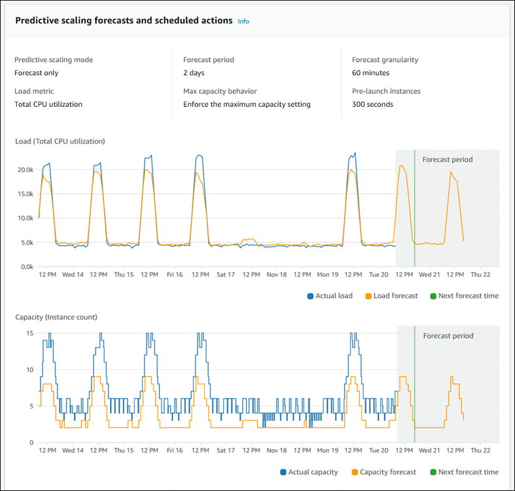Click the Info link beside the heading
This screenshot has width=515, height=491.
tap(243, 21)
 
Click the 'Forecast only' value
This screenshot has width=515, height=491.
tap(37, 73)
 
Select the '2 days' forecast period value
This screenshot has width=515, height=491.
tap(194, 73)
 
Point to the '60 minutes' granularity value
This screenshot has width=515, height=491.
tap(370, 73)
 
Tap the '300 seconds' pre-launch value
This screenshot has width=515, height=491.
tap(372, 104)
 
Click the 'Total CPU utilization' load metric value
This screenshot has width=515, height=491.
tap(48, 104)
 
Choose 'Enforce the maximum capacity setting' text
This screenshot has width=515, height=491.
tap(247, 104)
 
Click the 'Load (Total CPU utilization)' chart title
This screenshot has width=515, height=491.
tap(60, 141)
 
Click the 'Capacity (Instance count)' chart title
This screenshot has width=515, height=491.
tap(56, 317)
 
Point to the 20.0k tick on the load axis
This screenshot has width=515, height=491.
tap(25, 170)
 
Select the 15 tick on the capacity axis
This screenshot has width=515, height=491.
tap(29, 333)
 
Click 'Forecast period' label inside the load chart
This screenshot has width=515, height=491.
tap(447, 159)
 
